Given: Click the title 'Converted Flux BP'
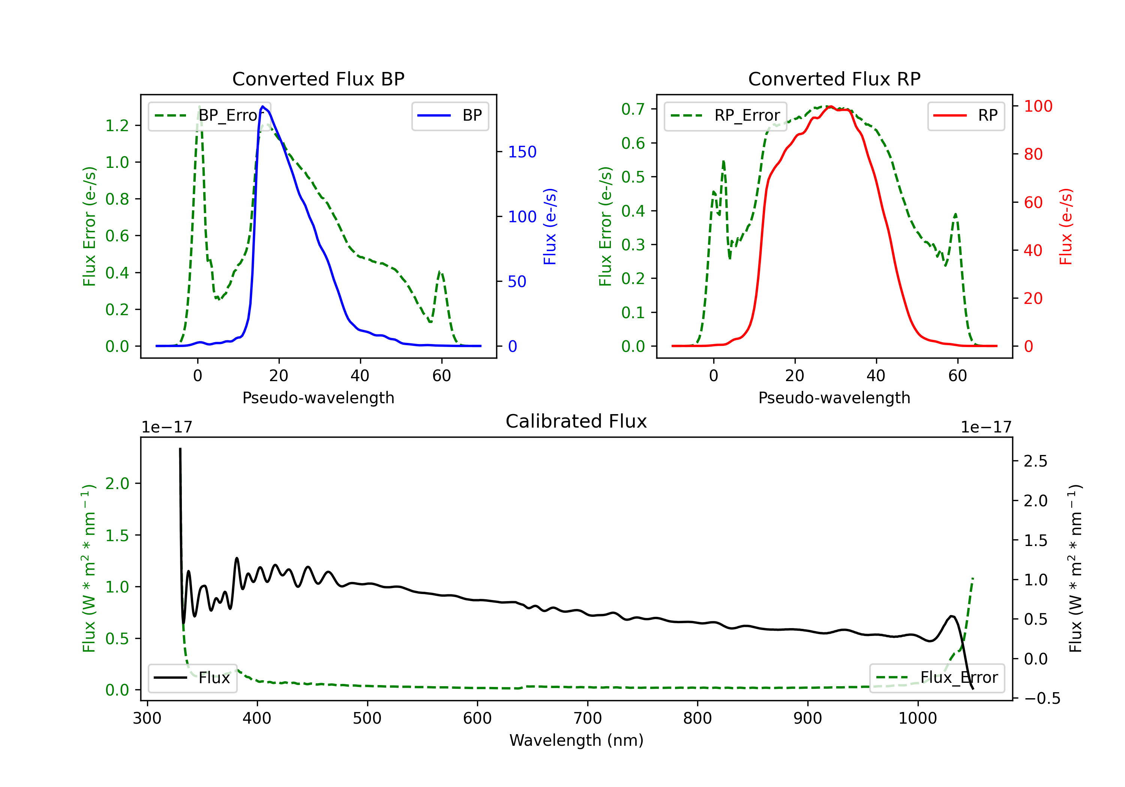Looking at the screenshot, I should coord(318,79).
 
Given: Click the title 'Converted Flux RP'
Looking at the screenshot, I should coord(834,79).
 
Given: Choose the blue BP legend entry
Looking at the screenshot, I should coord(450,115).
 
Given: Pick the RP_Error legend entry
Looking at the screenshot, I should coord(725,115).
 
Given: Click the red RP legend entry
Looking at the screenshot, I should coord(966,115).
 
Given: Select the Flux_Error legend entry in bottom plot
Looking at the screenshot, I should coord(937,678).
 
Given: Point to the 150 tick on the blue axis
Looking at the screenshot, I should coord(522,152).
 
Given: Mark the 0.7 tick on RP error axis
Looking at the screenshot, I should coord(633,109).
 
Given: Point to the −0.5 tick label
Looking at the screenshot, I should coord(1042,698).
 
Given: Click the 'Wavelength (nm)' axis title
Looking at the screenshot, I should coord(576,740).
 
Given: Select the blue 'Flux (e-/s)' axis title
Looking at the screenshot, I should coord(550,226).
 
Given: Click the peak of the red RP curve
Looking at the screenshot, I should coord(831,107).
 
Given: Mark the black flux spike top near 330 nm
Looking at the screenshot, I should coord(180,449).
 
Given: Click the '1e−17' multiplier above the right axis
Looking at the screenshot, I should coord(985,427).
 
